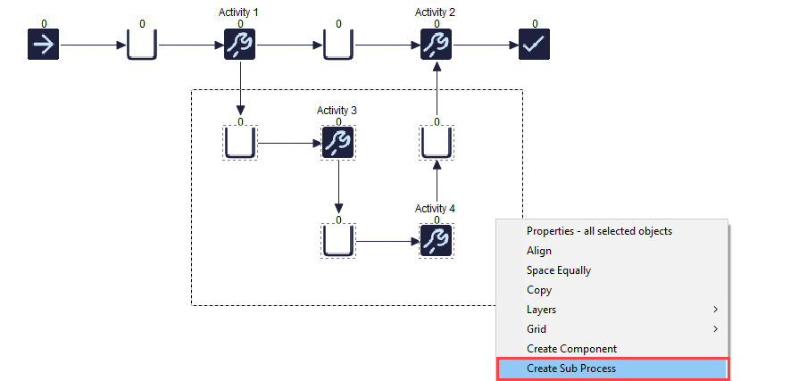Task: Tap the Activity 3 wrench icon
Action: point(338,143)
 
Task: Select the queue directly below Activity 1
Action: point(240,143)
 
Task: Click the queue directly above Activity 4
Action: point(437,143)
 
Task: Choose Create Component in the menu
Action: point(571,349)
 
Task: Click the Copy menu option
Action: point(539,290)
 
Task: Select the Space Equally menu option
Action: point(559,270)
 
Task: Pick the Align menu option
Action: point(539,251)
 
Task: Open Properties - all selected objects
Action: point(599,231)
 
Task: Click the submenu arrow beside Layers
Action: point(715,310)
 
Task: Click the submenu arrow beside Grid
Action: point(715,329)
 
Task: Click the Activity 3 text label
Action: point(337,110)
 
